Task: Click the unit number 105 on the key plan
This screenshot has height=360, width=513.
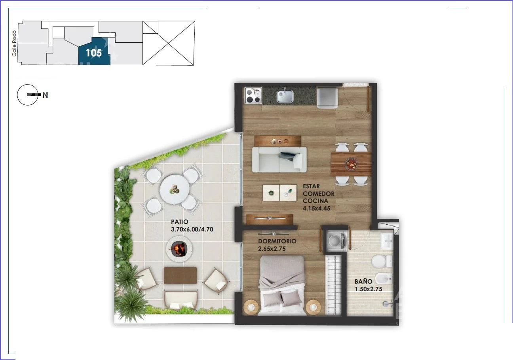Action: [x=94, y=53]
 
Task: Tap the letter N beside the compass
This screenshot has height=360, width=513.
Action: [x=45, y=95]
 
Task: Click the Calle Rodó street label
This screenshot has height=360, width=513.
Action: [x=14, y=44]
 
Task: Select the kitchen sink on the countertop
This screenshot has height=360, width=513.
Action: [x=285, y=96]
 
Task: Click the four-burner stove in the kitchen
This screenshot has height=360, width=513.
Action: [x=253, y=96]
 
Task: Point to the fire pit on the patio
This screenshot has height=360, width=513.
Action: [x=179, y=248]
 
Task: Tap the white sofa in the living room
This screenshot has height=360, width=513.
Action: [x=279, y=159]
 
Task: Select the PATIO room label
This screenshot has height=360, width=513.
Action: [x=180, y=222]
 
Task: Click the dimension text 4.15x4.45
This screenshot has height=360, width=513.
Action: [x=317, y=208]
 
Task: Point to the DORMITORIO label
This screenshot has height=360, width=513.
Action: [x=277, y=241]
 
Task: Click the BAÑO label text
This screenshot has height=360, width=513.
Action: [x=363, y=282]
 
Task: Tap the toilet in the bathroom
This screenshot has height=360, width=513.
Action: [x=382, y=261]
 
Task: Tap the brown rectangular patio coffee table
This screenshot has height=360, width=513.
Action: [x=180, y=275]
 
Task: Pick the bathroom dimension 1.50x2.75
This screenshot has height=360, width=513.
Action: [x=368, y=289]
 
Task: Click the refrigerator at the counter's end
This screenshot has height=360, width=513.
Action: [x=327, y=98]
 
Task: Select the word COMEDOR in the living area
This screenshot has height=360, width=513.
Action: [x=319, y=193]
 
